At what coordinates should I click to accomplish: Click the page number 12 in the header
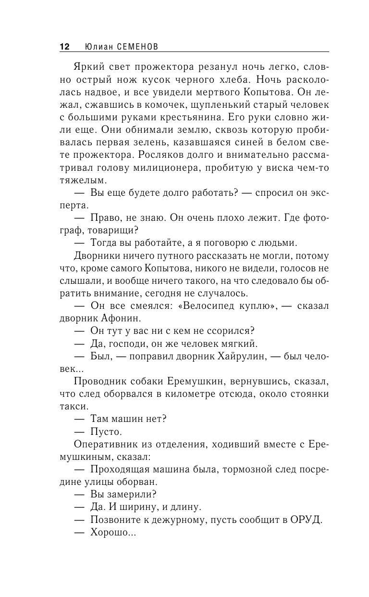(x=64, y=47)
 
